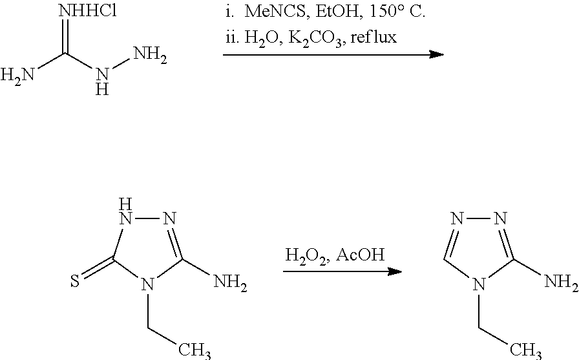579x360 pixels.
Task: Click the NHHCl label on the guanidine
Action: pyautogui.click(x=87, y=12)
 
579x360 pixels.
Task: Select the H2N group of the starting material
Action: pyautogui.click(x=17, y=76)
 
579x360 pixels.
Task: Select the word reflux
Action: pyautogui.click(x=374, y=37)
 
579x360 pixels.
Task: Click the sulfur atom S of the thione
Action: pyautogui.click(x=75, y=282)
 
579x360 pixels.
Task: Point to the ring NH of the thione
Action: pyautogui.click(x=125, y=212)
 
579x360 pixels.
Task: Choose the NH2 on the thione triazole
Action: pyautogui.click(x=231, y=282)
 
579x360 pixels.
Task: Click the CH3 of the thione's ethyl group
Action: pyautogui.click(x=195, y=350)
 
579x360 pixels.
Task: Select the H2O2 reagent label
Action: pyautogui.click(x=306, y=256)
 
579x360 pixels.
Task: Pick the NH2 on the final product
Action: pyautogui.click(x=562, y=282)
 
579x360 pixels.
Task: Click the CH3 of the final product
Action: pyautogui.click(x=525, y=350)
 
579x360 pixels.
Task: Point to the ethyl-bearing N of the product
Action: pyautogui.click(x=479, y=284)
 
